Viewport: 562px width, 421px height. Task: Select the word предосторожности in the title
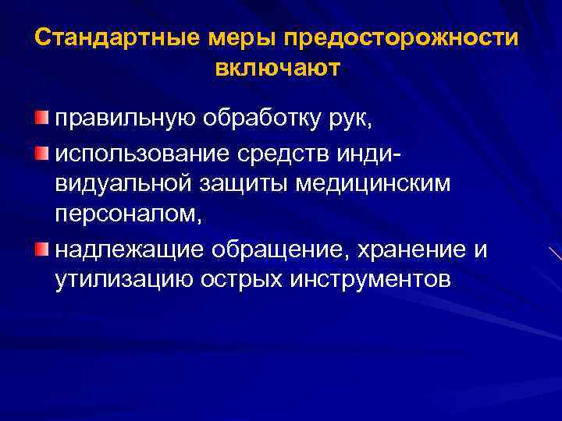point(401,38)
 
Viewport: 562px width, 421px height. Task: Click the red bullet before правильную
point(41,118)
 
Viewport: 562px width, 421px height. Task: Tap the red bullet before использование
point(41,149)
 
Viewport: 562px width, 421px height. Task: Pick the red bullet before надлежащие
point(41,249)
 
